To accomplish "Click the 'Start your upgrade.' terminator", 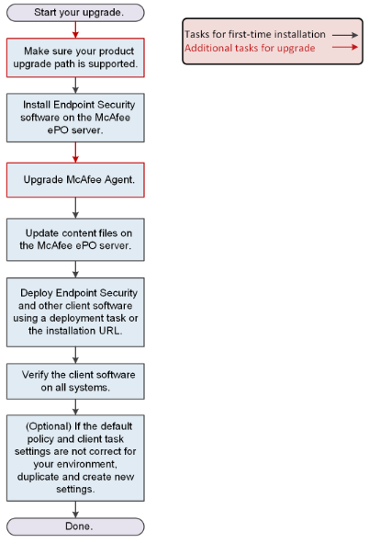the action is coord(75,13).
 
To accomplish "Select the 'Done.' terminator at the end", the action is coord(75,526).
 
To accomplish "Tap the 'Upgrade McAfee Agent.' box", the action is coord(75,180).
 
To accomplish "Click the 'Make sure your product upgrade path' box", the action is coord(75,58).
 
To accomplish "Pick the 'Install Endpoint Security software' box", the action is coord(75,118).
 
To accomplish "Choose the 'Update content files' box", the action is coord(75,239).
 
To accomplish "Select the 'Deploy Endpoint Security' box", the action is coord(75,312).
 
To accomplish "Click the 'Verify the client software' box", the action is coord(75,381).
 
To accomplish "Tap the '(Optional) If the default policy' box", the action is coord(75,458).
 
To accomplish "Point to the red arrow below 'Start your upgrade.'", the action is coord(75,29).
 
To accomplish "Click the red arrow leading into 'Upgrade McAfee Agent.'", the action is coord(75,152).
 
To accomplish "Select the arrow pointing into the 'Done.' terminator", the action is coord(75,509).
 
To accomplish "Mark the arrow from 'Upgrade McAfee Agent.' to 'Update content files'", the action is coord(75,208).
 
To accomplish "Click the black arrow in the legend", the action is coord(345,35).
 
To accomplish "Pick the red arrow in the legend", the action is coord(345,47).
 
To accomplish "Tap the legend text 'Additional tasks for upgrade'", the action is coord(250,48).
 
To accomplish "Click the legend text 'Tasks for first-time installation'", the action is coord(255,34).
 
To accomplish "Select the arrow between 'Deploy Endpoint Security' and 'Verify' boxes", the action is coord(75,355).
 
